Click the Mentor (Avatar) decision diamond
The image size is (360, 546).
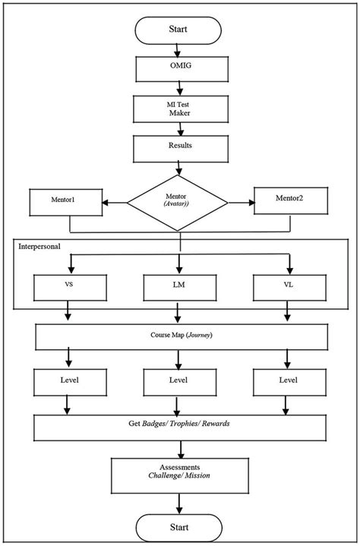[178, 202]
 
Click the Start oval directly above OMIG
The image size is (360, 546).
[178, 30]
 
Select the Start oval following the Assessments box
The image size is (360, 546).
[178, 527]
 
